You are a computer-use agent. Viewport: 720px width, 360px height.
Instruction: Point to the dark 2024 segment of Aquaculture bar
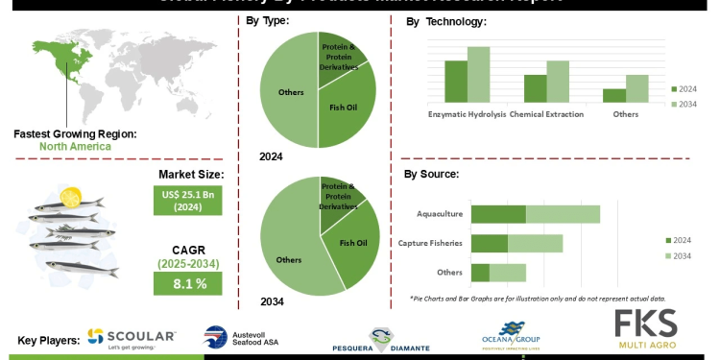498,214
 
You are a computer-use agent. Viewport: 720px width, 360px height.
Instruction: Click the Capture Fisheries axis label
430,244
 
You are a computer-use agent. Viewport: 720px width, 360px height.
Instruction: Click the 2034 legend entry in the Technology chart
685,103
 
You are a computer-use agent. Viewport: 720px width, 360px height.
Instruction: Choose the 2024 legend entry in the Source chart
682,240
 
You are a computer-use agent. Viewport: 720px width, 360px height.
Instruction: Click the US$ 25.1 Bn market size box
188,201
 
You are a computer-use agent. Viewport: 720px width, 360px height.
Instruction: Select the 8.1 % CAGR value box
188,283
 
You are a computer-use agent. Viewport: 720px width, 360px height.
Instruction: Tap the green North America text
75,147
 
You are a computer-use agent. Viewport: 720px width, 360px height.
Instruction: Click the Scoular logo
131,337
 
